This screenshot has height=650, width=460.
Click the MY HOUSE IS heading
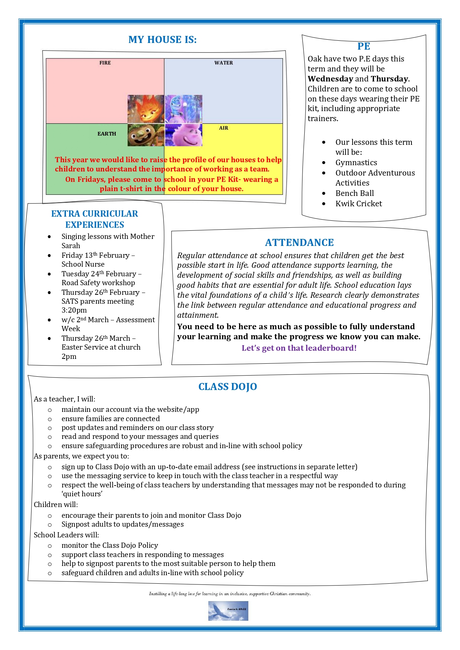162,40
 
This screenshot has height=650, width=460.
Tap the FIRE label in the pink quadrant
105,63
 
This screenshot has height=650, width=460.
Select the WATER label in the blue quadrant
224,63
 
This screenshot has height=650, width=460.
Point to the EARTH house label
107,134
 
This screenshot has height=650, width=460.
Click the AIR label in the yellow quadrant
224,128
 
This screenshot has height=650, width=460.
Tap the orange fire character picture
146,109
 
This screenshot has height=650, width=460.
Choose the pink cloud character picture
184,135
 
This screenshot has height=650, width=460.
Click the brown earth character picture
146,135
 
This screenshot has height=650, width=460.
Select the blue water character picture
184,109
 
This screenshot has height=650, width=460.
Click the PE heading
364,46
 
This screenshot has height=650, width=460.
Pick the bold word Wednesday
330,79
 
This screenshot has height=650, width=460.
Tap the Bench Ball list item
354,193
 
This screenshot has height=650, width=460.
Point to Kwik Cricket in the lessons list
358,204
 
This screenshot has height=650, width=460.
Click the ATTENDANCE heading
299,243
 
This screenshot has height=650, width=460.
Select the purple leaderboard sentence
299,348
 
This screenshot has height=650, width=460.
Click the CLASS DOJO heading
228,387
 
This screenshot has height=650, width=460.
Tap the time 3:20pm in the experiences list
74,310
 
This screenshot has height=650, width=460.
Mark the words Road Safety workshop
98,283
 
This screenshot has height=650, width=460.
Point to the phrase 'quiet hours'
82,494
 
